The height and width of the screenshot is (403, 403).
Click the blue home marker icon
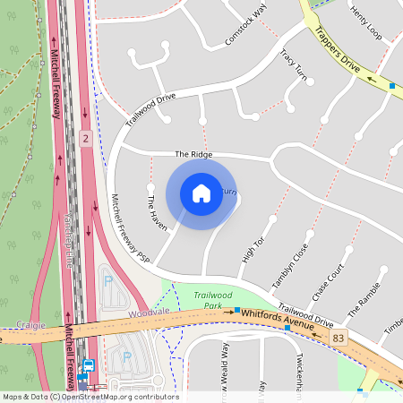click(201, 193)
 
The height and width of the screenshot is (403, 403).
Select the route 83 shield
click(338, 337)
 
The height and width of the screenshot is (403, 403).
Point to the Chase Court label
click(328, 283)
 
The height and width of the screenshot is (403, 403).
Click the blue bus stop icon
click(89, 366)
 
